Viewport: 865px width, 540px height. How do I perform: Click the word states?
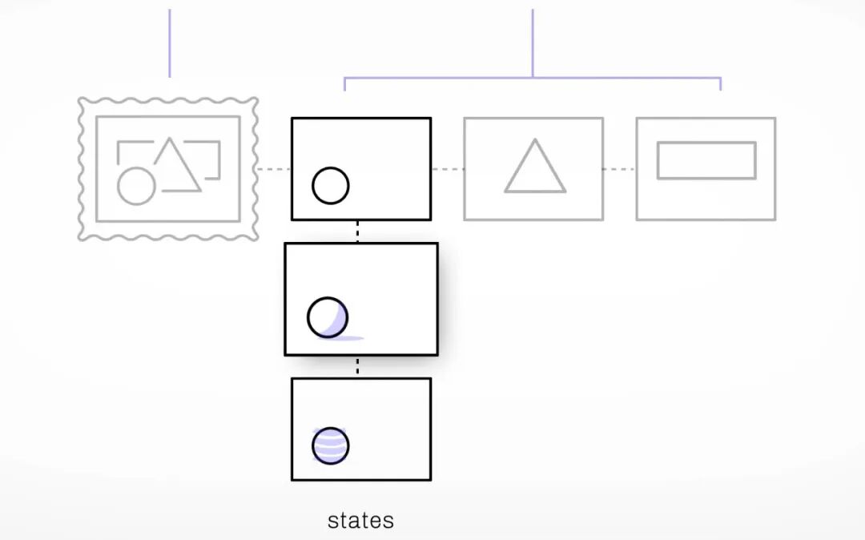coord(360,521)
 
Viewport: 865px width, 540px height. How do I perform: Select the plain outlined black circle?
coord(330,186)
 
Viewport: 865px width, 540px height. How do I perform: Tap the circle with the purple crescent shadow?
coord(328,316)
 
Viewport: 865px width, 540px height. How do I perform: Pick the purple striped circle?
coord(330,445)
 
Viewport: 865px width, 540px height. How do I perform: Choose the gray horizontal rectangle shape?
coord(706,160)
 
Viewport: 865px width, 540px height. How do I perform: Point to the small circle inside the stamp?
coord(135,186)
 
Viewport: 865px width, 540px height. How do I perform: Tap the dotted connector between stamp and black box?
coord(274,169)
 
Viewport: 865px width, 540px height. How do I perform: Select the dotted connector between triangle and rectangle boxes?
coord(619,169)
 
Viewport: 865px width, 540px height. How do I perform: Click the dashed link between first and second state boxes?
coord(357,231)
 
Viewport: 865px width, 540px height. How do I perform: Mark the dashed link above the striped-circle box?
coord(357,366)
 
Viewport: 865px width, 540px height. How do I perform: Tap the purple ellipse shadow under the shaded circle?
coord(340,338)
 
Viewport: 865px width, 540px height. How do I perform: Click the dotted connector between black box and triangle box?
coord(447,169)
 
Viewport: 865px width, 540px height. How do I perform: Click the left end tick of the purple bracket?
coord(345,84)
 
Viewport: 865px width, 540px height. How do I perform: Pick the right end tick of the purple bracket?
coord(721,84)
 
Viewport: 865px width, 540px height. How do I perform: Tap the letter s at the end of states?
coord(388,522)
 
